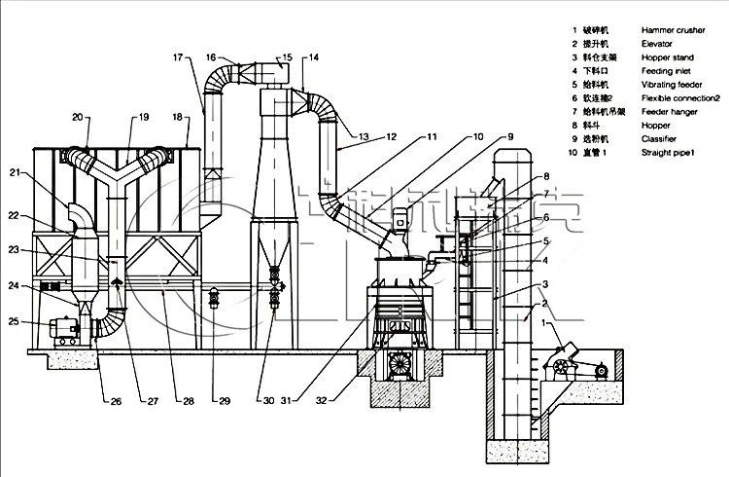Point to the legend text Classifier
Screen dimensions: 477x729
pyautogui.click(x=660, y=139)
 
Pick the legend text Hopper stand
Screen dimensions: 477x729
pyautogui.click(x=670, y=58)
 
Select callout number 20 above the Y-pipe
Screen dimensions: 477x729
pyautogui.click(x=77, y=118)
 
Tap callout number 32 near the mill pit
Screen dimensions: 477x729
pyautogui.click(x=323, y=400)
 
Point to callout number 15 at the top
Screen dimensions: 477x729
pyautogui.click(x=287, y=57)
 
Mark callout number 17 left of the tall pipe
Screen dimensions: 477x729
pyautogui.click(x=178, y=57)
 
